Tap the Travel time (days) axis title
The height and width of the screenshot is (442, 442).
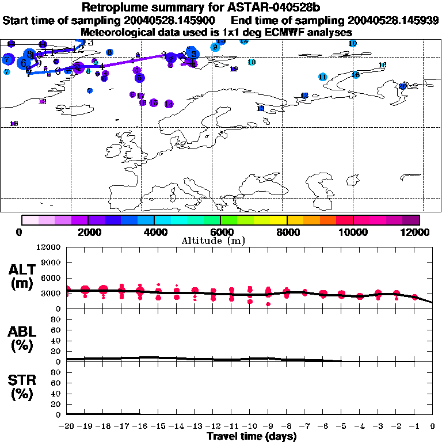coord(252,437)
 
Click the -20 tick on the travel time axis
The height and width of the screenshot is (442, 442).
coord(67,426)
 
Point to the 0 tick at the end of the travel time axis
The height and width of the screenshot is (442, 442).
coord(433,426)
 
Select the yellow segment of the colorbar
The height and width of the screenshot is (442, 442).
coord(279,220)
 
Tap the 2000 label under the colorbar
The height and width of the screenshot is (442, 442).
coord(87,232)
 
